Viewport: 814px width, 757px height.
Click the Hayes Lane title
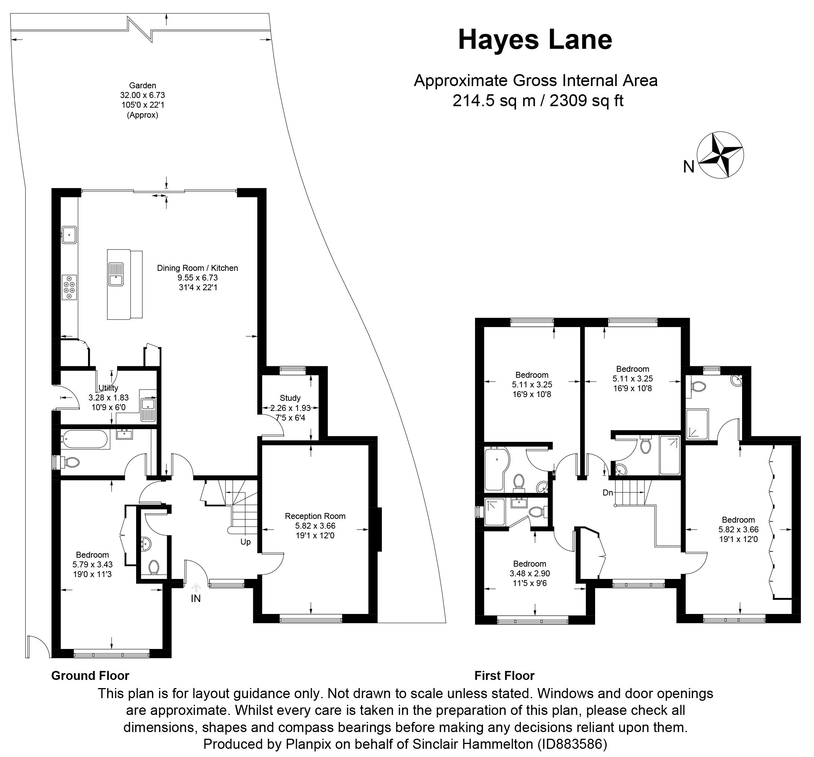coord(535,41)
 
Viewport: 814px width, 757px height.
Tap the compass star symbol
coord(720,155)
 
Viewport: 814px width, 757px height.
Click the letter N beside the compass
coord(689,167)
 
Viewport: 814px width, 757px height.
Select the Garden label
coord(142,86)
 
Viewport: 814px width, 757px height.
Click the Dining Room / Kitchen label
coord(197,268)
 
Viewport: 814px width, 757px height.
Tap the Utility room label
coord(109,388)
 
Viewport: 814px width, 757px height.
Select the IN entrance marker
coord(196,598)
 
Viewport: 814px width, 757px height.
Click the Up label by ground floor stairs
coord(245,542)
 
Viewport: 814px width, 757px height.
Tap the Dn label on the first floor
coord(608,492)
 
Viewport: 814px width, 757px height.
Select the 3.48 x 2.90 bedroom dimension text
coord(529,574)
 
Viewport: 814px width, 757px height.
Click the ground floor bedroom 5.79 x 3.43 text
coord(92,565)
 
